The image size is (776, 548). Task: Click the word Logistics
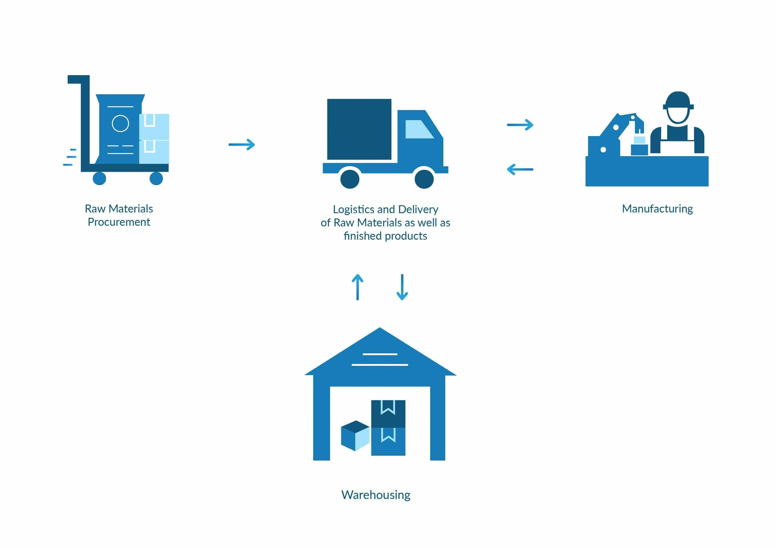tap(353, 209)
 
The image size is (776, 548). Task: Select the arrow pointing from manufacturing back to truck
tap(520, 169)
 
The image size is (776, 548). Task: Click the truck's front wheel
tap(424, 179)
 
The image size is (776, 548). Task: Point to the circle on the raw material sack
tap(120, 123)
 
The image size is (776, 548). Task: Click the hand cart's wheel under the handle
tap(99, 178)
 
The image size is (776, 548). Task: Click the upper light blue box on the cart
tap(154, 126)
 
